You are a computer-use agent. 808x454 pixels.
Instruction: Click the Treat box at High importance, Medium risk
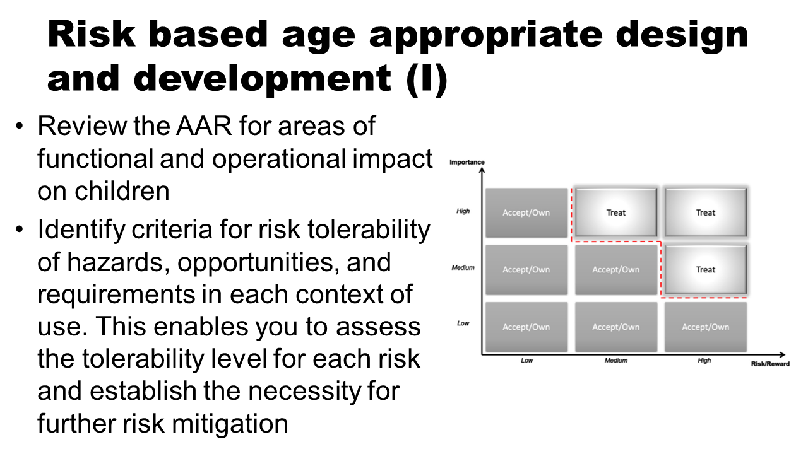point(615,212)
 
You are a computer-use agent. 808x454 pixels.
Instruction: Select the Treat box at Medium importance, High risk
point(706,269)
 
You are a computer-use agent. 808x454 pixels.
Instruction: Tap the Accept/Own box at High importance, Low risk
point(526,212)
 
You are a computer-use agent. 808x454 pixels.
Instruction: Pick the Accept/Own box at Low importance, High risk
point(706,327)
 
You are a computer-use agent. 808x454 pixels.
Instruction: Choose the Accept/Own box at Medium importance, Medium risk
point(615,269)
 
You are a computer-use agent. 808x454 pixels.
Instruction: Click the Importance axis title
point(466,162)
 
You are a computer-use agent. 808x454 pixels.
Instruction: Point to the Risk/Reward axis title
point(771,364)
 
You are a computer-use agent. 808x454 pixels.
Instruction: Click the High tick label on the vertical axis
point(463,211)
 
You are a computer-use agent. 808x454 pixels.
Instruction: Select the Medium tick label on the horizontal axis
point(615,360)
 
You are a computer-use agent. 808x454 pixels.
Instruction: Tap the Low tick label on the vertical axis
point(463,323)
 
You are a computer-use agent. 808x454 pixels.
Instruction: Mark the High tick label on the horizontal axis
point(704,360)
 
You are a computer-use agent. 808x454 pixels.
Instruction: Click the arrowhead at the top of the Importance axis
point(482,170)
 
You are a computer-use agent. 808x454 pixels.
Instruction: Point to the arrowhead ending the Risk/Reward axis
point(782,354)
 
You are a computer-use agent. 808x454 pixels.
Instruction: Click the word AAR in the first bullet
point(204,126)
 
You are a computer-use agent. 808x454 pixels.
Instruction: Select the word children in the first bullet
point(122,191)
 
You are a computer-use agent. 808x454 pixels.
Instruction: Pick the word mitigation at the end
point(230,424)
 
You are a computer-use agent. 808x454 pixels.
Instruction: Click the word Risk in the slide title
point(91,34)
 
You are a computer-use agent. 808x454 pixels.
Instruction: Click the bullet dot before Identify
point(19,230)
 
